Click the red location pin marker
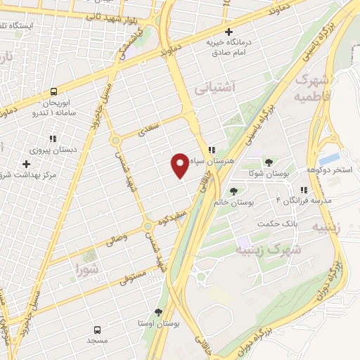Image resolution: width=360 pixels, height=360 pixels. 180,165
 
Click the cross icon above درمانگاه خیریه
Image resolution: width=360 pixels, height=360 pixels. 229,32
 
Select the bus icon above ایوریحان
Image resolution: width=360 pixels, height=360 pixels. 53,91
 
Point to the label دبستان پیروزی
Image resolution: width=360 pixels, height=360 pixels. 46,149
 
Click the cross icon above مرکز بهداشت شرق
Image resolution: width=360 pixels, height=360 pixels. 26,163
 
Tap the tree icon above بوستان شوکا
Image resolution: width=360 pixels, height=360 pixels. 269,162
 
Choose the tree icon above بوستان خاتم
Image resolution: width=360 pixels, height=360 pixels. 233,191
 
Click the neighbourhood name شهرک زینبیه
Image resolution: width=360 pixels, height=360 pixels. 268,250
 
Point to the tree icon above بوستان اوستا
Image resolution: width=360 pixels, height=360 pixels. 159,312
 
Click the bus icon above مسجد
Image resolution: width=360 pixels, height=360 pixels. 97,328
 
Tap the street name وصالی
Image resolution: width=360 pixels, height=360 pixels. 118,239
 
